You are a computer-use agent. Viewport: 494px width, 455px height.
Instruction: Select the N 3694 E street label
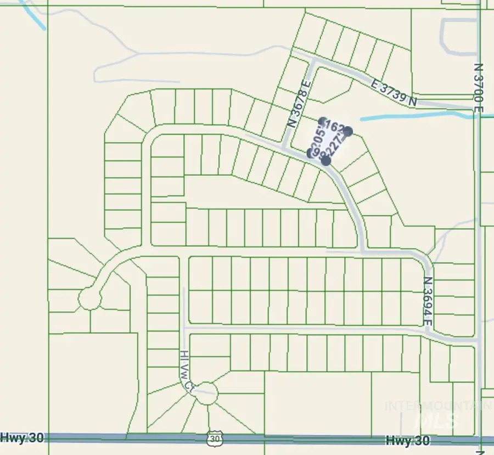pyautogui.click(x=429, y=301)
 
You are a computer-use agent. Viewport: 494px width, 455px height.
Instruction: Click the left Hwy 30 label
pyautogui.click(x=21, y=437)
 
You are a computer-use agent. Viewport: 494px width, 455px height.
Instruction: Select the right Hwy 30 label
pyautogui.click(x=408, y=440)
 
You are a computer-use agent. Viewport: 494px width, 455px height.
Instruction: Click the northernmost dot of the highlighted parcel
pyautogui.click(x=323, y=121)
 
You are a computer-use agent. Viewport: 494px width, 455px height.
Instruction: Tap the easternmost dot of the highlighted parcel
pyautogui.click(x=347, y=131)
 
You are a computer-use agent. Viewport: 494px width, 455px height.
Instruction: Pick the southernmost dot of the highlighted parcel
pyautogui.click(x=326, y=161)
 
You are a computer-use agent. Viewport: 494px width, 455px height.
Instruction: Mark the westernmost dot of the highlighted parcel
pyautogui.click(x=311, y=152)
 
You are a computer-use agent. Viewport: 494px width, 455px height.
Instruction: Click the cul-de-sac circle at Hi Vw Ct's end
pyautogui.click(x=207, y=393)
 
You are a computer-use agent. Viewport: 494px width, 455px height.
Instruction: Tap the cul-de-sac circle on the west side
pyautogui.click(x=89, y=299)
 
